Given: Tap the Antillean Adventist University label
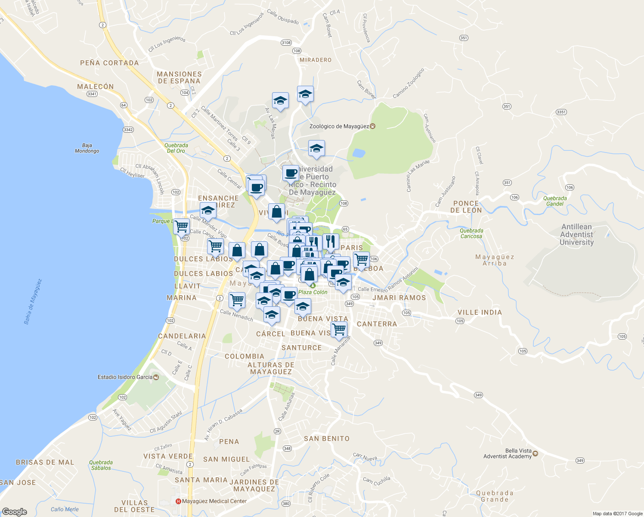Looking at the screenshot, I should coord(576,234).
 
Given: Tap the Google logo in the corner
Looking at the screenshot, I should coord(14,512).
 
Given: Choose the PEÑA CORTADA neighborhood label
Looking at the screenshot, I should coord(109,63).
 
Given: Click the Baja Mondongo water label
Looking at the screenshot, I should coord(87,148).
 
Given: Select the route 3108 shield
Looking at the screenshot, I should coord(286,43).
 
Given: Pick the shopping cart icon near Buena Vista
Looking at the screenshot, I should coord(339,329).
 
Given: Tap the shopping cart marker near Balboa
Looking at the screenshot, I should coord(361,259).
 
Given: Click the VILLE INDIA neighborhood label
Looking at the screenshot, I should coord(480,312).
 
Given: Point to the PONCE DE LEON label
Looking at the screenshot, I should coord(466,207).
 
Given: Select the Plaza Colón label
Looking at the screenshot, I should coord(313,292).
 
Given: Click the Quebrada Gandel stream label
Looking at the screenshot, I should coord(555,201).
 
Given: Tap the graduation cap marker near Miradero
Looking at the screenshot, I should coord(305,94).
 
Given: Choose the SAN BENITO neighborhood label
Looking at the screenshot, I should coord(327,439).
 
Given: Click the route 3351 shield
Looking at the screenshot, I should coord(561,112).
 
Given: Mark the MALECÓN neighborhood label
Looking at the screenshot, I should coord(96,87).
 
